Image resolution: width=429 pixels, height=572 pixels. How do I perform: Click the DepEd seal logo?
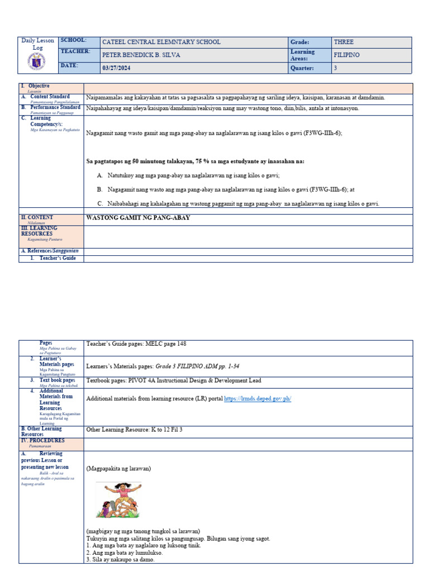click(x=37, y=63)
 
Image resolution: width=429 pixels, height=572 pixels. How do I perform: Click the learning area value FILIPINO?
click(x=346, y=55)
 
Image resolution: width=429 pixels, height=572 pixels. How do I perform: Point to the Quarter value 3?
click(x=335, y=68)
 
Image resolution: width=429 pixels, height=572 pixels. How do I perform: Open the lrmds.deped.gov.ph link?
click(x=258, y=398)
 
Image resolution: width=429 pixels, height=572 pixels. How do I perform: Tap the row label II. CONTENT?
click(x=37, y=217)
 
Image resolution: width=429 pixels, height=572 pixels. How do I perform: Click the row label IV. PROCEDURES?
click(x=43, y=441)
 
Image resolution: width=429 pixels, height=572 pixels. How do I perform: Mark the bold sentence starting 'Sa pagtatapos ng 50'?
click(x=195, y=161)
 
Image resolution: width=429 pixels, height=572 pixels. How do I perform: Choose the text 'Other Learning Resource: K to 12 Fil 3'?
click(x=135, y=430)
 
